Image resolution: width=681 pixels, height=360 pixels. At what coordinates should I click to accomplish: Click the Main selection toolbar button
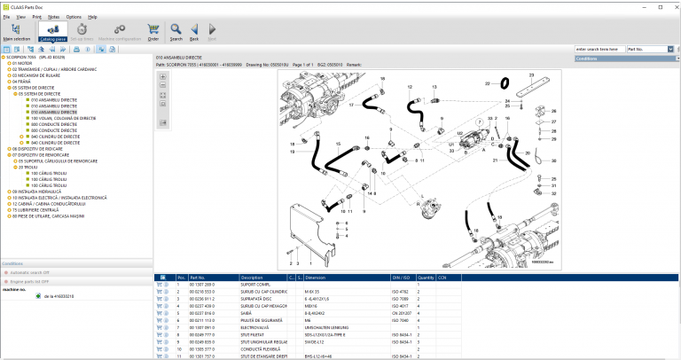[16, 33]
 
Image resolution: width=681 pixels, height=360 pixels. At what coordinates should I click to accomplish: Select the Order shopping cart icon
[153, 33]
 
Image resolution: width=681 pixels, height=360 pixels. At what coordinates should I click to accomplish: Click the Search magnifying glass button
[176, 33]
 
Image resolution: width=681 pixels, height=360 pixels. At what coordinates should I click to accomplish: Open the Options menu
[74, 17]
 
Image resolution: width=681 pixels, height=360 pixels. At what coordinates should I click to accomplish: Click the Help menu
[93, 17]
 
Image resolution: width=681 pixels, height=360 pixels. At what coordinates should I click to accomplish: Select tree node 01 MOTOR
[24, 64]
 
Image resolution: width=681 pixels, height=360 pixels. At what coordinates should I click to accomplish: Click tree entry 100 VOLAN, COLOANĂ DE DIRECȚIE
[62, 118]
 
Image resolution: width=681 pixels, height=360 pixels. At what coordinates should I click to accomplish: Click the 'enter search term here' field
[599, 49]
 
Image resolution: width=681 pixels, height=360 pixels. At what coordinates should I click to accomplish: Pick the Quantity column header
[426, 278]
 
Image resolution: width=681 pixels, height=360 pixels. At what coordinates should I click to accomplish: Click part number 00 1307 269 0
[203, 284]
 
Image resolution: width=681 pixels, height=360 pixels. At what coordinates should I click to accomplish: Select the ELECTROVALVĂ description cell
[258, 327]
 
